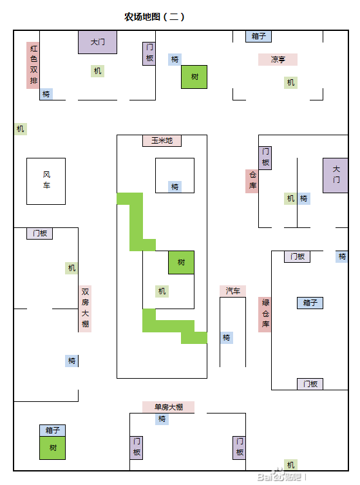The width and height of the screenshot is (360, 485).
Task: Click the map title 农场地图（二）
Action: (x=155, y=16)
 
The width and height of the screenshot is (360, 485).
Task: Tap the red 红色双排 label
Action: (x=33, y=65)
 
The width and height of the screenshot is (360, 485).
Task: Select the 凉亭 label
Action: (x=278, y=59)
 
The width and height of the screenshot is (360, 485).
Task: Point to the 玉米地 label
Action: (x=162, y=141)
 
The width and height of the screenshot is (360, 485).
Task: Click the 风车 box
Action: (x=46, y=181)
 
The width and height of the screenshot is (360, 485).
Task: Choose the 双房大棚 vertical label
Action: (x=85, y=309)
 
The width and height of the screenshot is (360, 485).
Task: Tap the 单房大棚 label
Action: (x=168, y=407)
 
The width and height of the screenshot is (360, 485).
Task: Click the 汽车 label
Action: (x=232, y=291)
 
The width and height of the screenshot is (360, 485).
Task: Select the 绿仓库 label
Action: (x=265, y=314)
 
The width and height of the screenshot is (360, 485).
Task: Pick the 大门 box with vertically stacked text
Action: (x=336, y=175)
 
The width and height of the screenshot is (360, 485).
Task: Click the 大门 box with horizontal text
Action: (x=97, y=42)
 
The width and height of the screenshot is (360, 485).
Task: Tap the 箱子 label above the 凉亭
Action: (x=258, y=36)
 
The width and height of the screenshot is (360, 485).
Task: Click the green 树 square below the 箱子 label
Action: (x=53, y=448)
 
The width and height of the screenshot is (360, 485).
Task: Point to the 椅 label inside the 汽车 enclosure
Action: (x=227, y=338)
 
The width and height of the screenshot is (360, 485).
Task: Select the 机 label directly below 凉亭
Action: (x=290, y=82)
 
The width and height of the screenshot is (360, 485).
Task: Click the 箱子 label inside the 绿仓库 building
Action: (x=310, y=303)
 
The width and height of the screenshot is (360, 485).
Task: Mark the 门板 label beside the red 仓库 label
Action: (x=265, y=158)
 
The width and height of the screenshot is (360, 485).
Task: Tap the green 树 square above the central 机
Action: (x=181, y=262)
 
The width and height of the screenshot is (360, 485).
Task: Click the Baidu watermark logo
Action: (x=279, y=476)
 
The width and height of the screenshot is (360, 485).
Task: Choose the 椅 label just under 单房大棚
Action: (x=162, y=419)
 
